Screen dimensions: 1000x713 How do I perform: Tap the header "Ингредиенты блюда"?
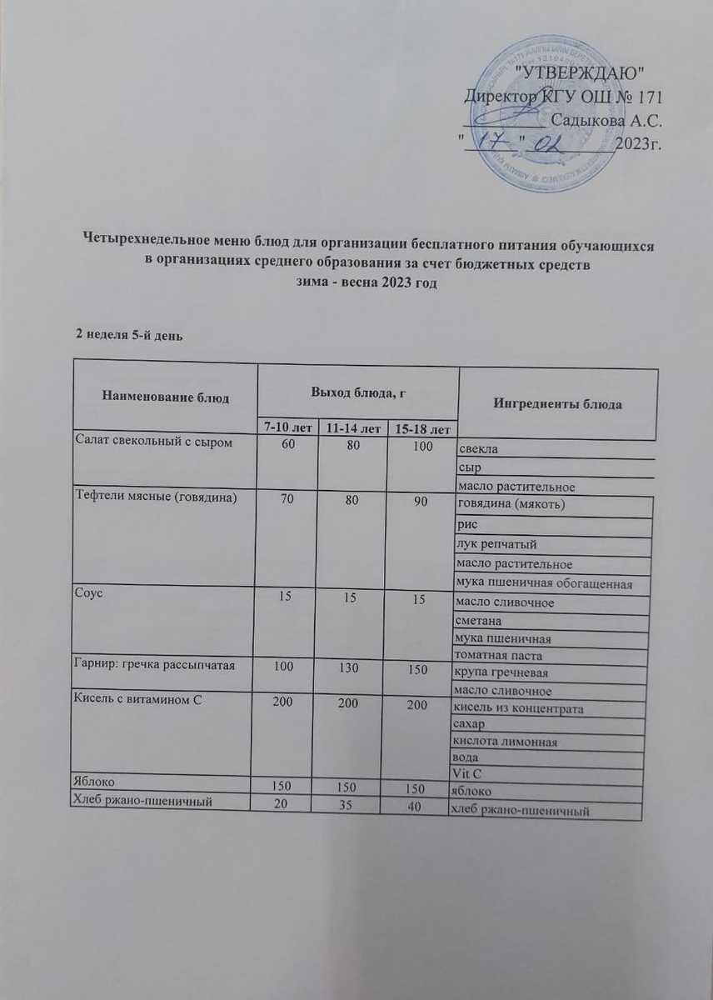[557, 404]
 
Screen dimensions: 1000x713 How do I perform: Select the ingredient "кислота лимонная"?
[504, 742]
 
